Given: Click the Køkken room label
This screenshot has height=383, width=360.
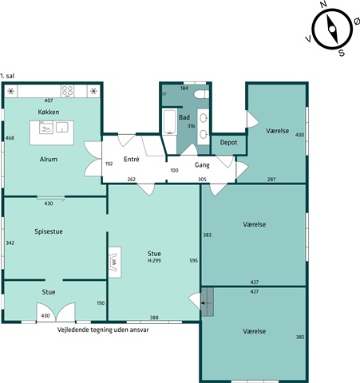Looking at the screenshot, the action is click(x=49, y=112).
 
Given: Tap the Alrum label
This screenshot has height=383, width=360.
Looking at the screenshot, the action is click(x=49, y=160).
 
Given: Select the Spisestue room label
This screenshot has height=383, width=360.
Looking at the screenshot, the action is click(x=49, y=231).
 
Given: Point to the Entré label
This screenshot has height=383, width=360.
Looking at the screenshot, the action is click(x=132, y=159).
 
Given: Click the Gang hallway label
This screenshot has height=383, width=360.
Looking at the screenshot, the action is click(x=202, y=165).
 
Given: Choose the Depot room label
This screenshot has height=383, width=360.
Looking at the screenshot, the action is click(x=228, y=143).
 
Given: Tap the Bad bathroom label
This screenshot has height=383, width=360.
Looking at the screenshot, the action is click(x=184, y=117).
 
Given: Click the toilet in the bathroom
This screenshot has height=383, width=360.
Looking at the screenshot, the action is click(x=201, y=94).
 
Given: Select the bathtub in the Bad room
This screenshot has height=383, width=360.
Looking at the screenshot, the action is click(x=169, y=121).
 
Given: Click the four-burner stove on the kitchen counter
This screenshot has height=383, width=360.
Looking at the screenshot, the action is click(x=67, y=91).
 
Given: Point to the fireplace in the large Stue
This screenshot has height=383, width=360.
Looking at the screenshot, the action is click(x=115, y=263).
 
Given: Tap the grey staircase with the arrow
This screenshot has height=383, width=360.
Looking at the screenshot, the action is click(x=208, y=302).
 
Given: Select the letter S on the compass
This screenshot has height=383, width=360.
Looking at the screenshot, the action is click(x=342, y=53).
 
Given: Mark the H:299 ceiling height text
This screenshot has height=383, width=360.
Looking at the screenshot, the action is click(x=154, y=261).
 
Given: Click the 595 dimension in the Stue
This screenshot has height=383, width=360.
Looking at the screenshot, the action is click(x=194, y=261).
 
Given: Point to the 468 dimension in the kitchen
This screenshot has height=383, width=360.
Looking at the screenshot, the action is click(x=10, y=138).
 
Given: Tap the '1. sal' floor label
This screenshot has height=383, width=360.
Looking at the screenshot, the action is click(x=7, y=76).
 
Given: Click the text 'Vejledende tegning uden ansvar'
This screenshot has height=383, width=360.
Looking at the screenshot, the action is click(x=103, y=330).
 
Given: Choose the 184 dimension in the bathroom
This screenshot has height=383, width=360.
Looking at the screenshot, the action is click(x=184, y=88).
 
